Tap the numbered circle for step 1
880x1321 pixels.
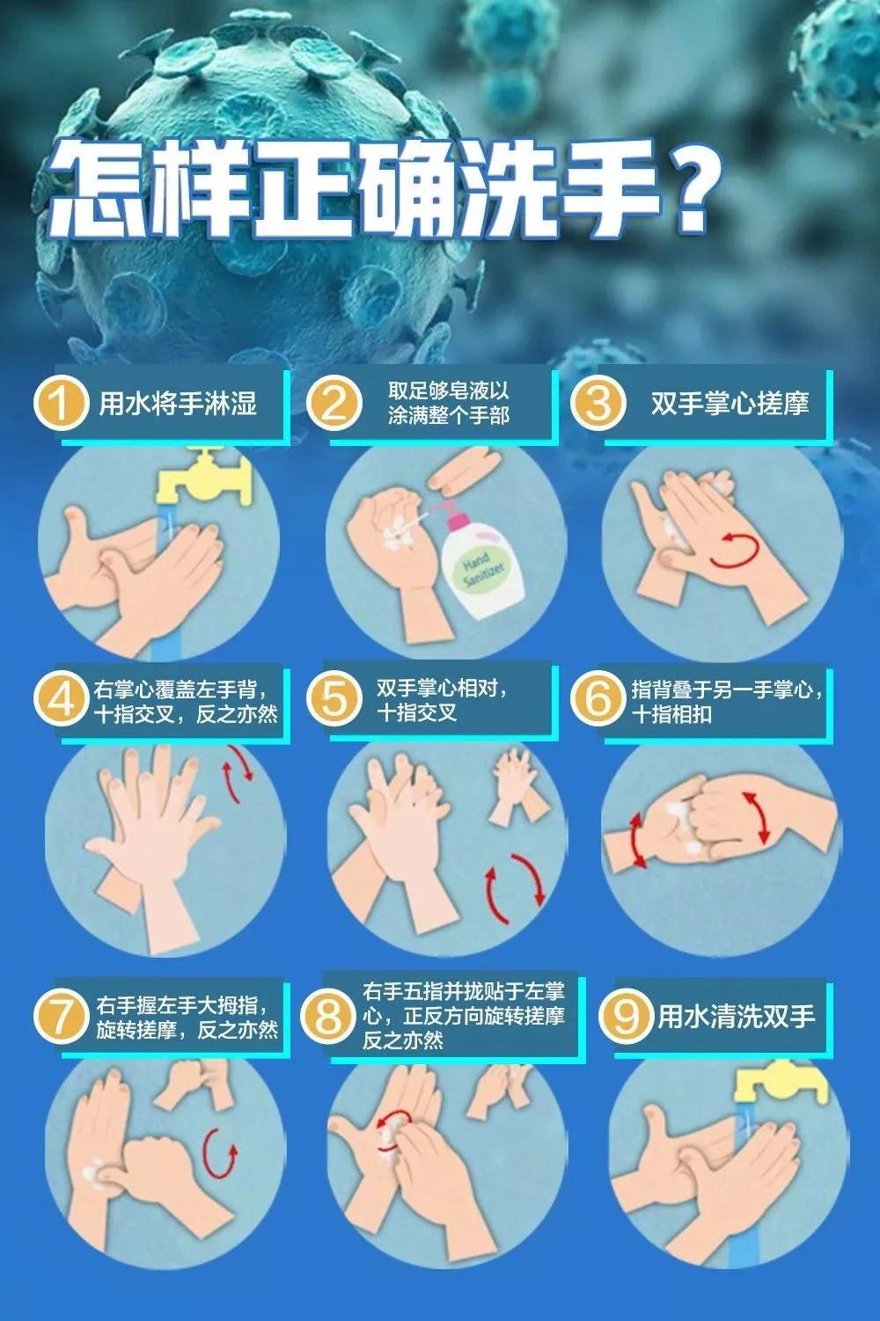point(60,404)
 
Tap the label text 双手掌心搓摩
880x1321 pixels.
point(730,404)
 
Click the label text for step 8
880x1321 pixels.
point(463,1017)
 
